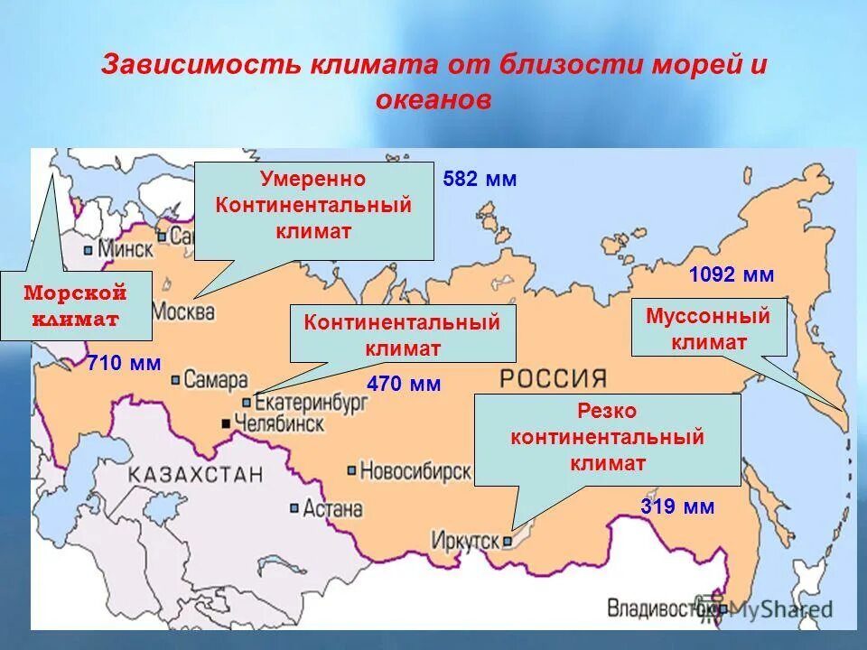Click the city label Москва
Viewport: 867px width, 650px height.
coord(183,312)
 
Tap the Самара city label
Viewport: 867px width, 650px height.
coord(216,379)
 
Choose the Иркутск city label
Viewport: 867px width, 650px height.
coord(466,540)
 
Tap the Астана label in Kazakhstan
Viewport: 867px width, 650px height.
coord(332,508)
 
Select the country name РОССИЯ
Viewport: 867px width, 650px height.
coord(554,377)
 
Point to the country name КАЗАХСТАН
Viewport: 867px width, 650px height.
coord(195,474)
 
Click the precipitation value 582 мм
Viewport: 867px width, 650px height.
coord(480,179)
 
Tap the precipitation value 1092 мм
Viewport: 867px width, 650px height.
coord(732,275)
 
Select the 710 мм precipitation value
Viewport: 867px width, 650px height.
coord(124,364)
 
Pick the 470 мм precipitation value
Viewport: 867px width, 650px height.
coord(404,384)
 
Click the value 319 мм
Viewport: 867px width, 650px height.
coord(677,506)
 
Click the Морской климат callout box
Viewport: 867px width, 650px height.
coord(76,306)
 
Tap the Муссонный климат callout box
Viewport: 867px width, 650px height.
coord(708,329)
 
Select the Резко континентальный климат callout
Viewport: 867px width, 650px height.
coord(607,438)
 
